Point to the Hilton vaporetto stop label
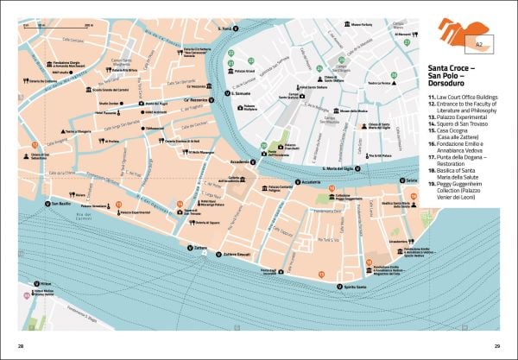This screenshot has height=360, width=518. (47, 283)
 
